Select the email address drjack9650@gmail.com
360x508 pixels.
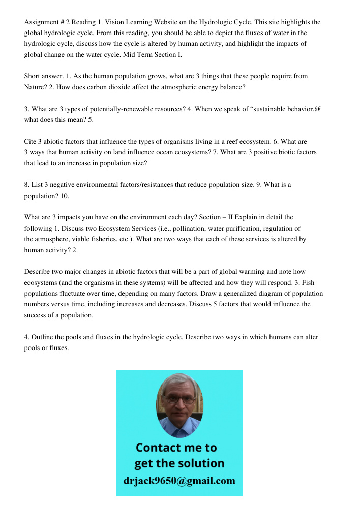coord(179,480)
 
